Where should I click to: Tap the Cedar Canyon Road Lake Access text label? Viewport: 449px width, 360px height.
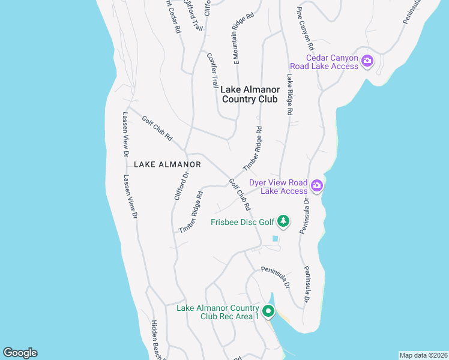coord(332,62)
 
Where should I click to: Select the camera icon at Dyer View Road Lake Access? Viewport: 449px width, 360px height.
coord(316,185)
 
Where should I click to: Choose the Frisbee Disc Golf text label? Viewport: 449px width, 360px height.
coord(241,222)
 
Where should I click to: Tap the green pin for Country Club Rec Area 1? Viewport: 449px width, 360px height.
coord(268,311)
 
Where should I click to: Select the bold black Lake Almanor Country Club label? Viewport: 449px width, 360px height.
coord(249,94)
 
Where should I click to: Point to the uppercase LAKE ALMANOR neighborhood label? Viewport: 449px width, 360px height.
coord(167,164)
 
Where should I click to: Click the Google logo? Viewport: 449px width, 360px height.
coord(20,353)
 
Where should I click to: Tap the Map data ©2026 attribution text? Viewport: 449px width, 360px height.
coord(423,355)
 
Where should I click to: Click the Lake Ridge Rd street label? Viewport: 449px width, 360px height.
coord(289,94)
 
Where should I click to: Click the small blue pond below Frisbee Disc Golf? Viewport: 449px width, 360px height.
coord(275,239)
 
